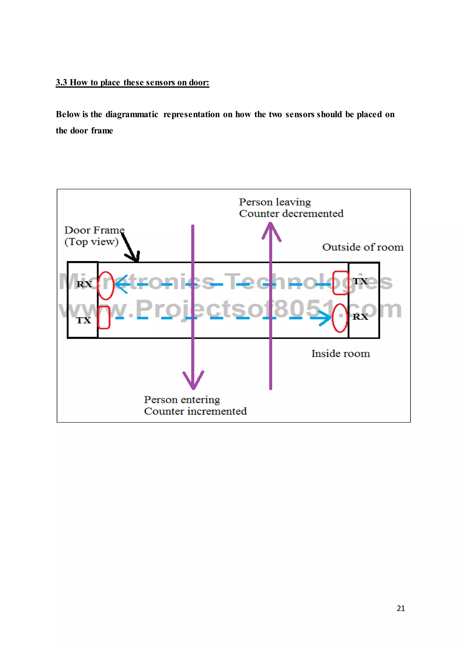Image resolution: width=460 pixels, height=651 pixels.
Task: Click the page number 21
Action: point(401,609)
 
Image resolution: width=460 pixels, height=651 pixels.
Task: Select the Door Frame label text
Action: point(94,230)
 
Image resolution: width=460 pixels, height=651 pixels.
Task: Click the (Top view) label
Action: point(91,242)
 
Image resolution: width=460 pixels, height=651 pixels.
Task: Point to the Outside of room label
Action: point(363,247)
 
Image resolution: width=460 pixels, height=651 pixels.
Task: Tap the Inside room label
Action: point(341,354)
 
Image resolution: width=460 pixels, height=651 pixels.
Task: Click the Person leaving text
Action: point(275,202)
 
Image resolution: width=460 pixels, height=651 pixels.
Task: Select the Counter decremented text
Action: point(291,214)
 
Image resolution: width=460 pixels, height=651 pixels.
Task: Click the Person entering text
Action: point(182,400)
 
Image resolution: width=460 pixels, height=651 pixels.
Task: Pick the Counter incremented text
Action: point(195,411)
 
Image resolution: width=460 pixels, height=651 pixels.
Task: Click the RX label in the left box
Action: point(84,284)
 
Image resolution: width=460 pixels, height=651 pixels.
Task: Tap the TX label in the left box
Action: point(84,320)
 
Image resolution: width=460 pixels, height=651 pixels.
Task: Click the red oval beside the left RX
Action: point(106,285)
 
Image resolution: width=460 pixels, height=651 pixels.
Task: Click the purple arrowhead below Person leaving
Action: point(271,231)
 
